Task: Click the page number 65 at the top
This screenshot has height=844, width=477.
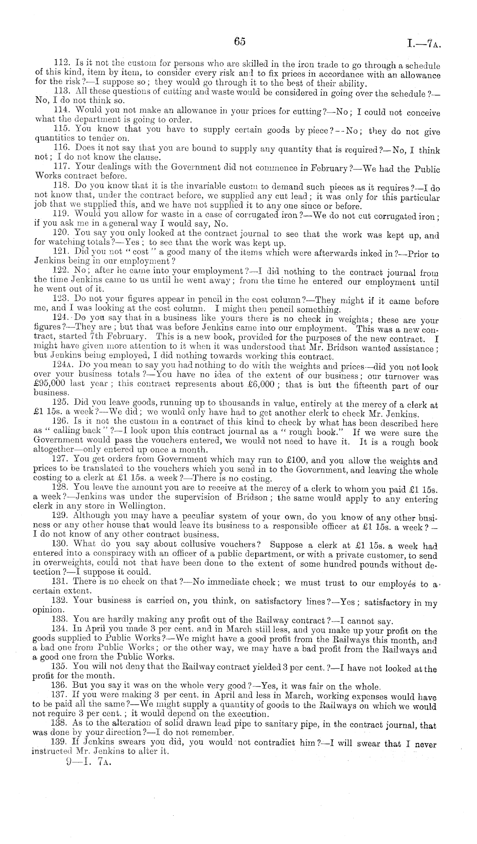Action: [239, 41]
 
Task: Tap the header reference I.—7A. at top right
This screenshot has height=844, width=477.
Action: [424, 43]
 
